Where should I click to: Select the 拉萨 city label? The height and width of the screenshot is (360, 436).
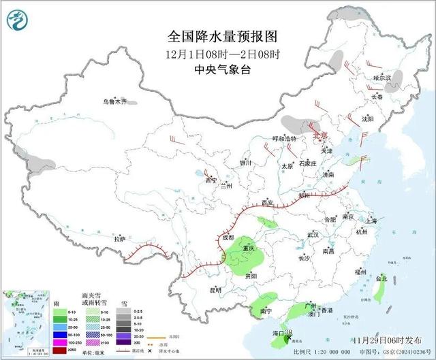[120, 239]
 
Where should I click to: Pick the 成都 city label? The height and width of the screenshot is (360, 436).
[228, 238]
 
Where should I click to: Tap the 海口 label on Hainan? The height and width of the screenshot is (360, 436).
[278, 333]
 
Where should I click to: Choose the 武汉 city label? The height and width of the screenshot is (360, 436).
[313, 234]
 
